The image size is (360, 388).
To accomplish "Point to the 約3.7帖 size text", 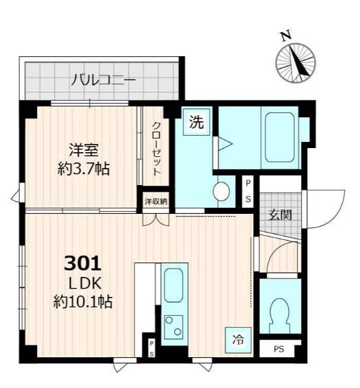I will tap(84, 167).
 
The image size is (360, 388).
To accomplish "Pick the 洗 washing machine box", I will tap(197, 123).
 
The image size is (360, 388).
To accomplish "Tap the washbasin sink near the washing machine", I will tap(221, 191).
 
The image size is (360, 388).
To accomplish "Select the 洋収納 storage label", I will tap(155, 202).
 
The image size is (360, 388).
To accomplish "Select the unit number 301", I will tap(83, 263).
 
